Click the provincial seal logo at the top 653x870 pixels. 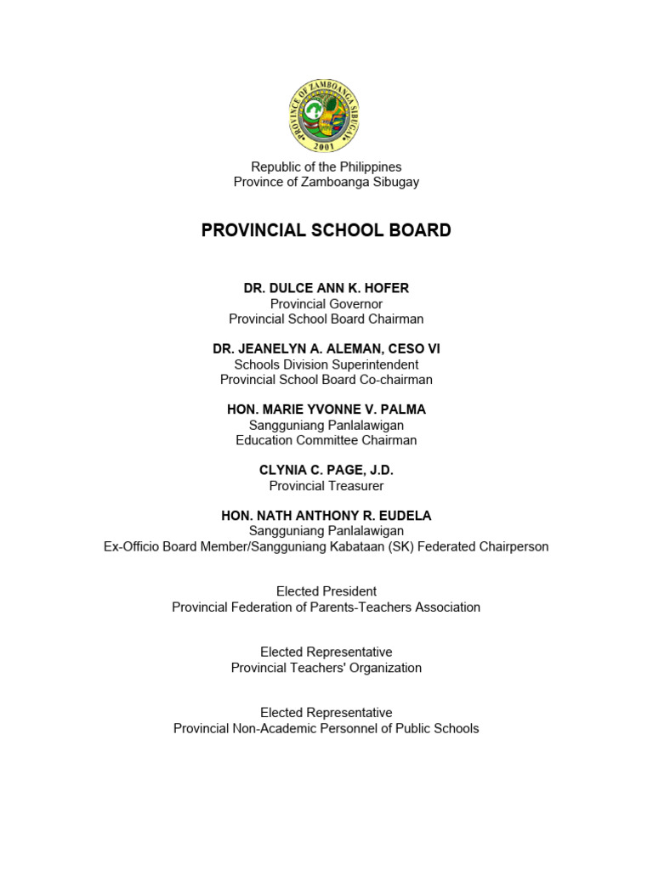(326, 115)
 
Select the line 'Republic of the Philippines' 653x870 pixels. (326, 167)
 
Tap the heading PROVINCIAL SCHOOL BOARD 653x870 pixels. (326, 230)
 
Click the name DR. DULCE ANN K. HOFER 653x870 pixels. (326, 288)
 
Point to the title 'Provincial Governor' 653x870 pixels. (326, 303)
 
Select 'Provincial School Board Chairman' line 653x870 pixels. (326, 319)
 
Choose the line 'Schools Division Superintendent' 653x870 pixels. (326, 364)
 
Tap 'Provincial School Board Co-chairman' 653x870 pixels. (326, 380)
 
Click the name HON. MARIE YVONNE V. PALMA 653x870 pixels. (326, 410)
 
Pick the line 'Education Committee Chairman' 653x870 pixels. (326, 440)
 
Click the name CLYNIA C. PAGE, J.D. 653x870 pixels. (326, 470)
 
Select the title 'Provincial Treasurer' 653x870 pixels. (326, 486)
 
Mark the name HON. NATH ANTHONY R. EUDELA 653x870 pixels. (326, 516)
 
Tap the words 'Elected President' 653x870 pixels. (326, 591)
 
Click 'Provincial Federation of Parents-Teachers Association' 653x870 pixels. (326, 607)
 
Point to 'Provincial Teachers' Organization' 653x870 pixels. (326, 668)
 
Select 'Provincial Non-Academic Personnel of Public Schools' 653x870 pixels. (326, 728)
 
